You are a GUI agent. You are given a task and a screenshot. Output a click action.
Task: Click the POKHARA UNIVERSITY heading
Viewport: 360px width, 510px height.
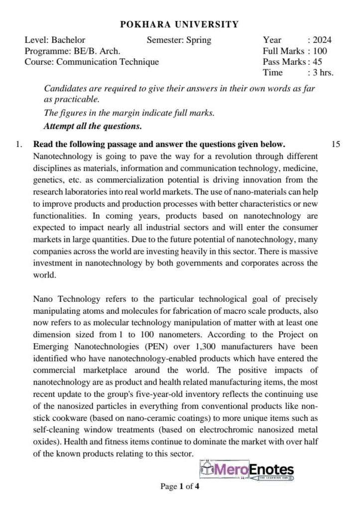(x=180, y=24)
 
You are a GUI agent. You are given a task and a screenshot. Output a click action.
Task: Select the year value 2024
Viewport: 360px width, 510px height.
(x=322, y=40)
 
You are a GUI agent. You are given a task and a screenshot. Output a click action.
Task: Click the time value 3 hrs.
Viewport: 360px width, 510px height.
(x=323, y=73)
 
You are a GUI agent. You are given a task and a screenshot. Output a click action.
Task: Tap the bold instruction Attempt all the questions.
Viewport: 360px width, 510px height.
(x=93, y=125)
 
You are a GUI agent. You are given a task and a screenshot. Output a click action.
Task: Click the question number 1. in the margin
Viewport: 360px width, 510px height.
(x=19, y=144)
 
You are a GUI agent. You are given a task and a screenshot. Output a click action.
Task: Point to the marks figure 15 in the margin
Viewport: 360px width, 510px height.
(x=336, y=144)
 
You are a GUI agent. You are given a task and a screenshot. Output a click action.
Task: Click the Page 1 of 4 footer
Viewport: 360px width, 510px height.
(x=180, y=487)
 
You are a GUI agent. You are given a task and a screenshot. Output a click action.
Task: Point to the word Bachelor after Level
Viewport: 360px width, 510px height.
(x=68, y=40)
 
